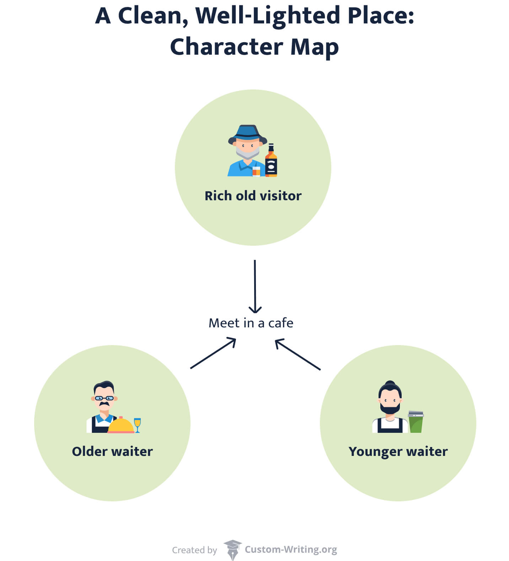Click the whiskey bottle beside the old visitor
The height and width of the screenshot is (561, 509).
pyautogui.click(x=271, y=162)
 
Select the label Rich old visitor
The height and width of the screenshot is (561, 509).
pyautogui.click(x=253, y=196)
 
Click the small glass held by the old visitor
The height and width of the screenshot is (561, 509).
pyautogui.click(x=256, y=171)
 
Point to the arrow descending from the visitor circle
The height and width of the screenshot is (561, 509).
pyautogui.click(x=255, y=286)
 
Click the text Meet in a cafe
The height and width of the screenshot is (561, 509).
pyautogui.click(x=251, y=323)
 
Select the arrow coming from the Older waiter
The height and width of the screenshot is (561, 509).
pyautogui.click(x=213, y=353)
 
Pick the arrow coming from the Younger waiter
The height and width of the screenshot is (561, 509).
pyautogui.click(x=298, y=354)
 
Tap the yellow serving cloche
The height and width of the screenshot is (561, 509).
pyautogui.click(x=120, y=426)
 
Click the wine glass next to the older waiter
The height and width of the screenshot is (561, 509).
pyautogui.click(x=138, y=424)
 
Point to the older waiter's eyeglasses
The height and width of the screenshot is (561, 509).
pyautogui.click(x=104, y=398)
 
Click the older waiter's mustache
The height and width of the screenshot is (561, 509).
pyautogui.click(x=104, y=404)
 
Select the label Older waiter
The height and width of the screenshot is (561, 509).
pyautogui.click(x=112, y=451)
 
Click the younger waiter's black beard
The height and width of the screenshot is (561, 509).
pyautogui.click(x=390, y=408)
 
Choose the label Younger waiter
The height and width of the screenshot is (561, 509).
pyautogui.click(x=398, y=451)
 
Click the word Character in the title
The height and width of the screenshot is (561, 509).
pyautogui.click(x=226, y=47)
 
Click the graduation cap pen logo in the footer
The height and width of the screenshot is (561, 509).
pyautogui.click(x=232, y=550)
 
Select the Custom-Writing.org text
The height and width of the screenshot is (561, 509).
pyautogui.click(x=291, y=549)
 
